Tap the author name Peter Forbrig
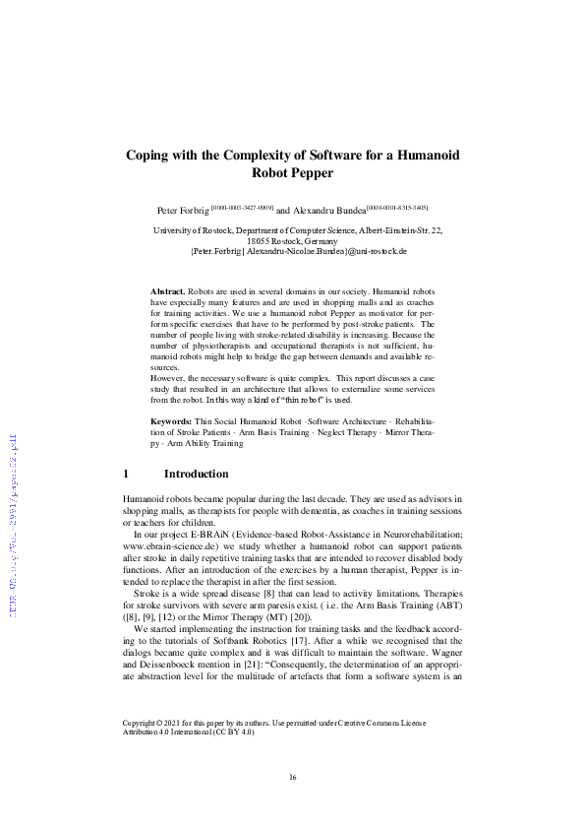pos(184,211)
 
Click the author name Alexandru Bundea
pos(329,211)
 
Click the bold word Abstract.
pos(166,293)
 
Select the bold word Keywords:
pos(171,449)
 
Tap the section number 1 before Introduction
pos(127,475)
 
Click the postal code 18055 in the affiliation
pos(259,240)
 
